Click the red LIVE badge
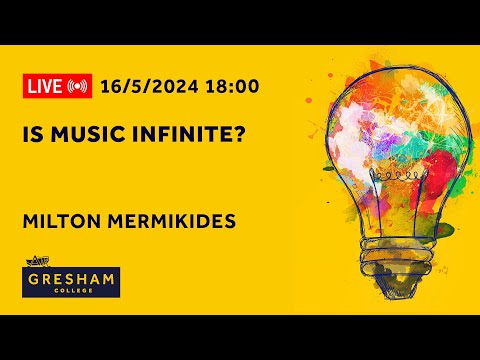point(56,86)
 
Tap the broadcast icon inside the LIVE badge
point(77,86)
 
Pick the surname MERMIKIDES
point(167,220)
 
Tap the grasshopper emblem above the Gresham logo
point(34,263)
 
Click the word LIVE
point(45,86)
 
